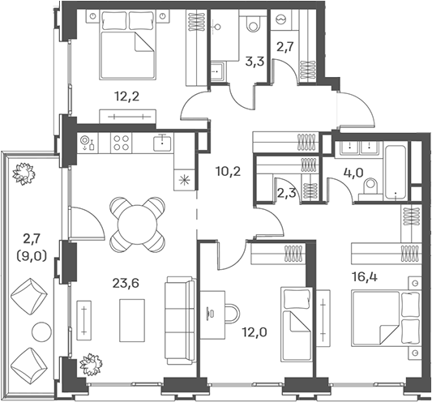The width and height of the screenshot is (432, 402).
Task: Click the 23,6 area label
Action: tap(126, 283)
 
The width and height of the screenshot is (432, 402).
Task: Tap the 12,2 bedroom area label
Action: tap(126, 96)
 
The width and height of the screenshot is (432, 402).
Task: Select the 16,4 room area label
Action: tap(365, 277)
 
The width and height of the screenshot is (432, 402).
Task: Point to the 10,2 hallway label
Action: tap(228, 172)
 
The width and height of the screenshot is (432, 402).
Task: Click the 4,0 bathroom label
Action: tap(353, 173)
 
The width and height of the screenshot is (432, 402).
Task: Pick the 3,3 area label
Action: tap(254, 62)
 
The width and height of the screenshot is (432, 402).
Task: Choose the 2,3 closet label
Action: tap(287, 193)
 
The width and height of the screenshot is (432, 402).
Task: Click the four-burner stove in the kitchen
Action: tap(122, 143)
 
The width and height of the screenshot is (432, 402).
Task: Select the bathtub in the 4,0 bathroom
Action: tap(396, 173)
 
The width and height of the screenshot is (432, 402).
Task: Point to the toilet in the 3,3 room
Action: tap(253, 24)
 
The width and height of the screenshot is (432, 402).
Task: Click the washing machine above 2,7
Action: tap(281, 19)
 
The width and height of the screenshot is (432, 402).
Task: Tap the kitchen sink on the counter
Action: tap(163, 143)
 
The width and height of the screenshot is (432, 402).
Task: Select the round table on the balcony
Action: tap(41, 331)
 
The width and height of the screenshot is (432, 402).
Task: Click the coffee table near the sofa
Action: tap(132, 320)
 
